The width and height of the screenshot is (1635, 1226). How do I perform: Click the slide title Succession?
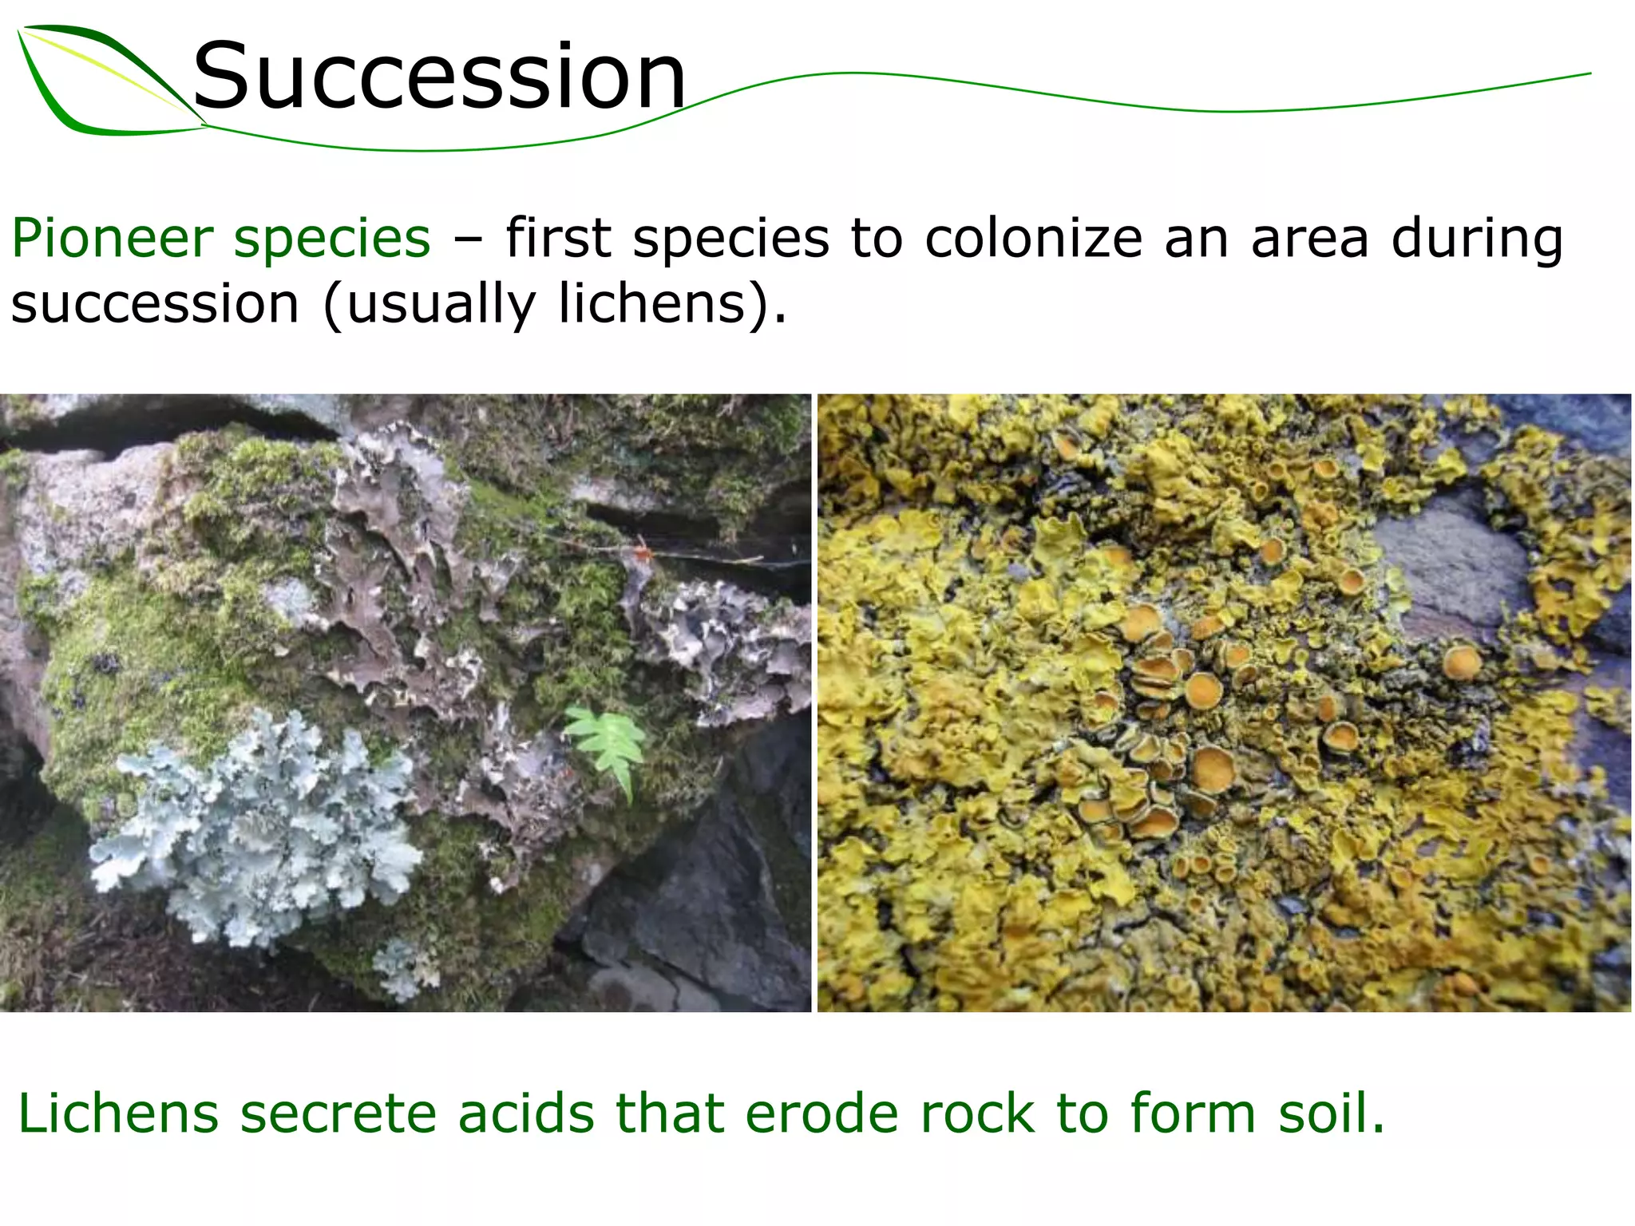[x=439, y=77]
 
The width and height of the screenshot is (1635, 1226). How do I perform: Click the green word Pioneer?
[x=112, y=239]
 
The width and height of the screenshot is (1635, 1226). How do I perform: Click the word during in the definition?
[x=1477, y=239]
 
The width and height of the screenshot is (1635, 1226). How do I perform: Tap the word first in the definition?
[x=558, y=239]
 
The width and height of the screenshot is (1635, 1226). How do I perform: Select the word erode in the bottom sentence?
[x=821, y=1113]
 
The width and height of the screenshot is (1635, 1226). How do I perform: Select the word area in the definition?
[x=1309, y=239]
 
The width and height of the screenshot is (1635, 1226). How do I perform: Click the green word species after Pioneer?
[x=331, y=240]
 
